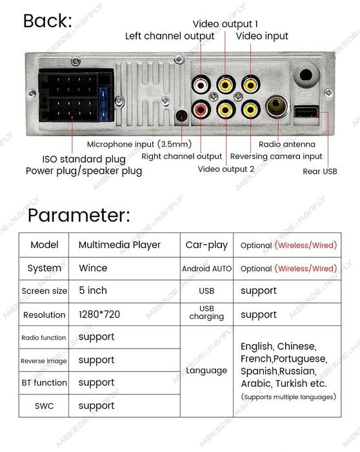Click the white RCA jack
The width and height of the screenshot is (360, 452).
pos(201,85)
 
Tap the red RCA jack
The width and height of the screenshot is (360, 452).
pos(201,109)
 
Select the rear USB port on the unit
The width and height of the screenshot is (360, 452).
pos(306,112)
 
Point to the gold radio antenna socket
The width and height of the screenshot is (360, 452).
pos(277,106)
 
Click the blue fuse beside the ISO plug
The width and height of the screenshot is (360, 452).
pos(103,104)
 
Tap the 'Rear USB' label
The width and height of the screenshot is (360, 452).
pos(320,172)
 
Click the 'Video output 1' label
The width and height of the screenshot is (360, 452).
pos(225,24)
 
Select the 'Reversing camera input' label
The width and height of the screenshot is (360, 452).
pos(276,156)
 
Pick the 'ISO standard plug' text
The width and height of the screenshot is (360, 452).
pos(84,159)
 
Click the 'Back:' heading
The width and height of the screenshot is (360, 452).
pos(48,21)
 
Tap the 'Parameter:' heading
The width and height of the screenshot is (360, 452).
pos(79,215)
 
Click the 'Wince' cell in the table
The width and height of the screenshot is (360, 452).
pos(93,268)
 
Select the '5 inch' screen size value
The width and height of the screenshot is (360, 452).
pos(93,291)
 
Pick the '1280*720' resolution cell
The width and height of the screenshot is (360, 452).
pos(99,314)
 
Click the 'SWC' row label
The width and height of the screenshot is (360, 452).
pos(44,406)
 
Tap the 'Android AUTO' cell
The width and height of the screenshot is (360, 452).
pos(206,269)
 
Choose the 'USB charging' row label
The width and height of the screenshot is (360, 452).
pos(206,313)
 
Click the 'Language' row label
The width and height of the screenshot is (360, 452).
pos(206,371)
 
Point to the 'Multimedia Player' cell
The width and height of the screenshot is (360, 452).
pos(119,245)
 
